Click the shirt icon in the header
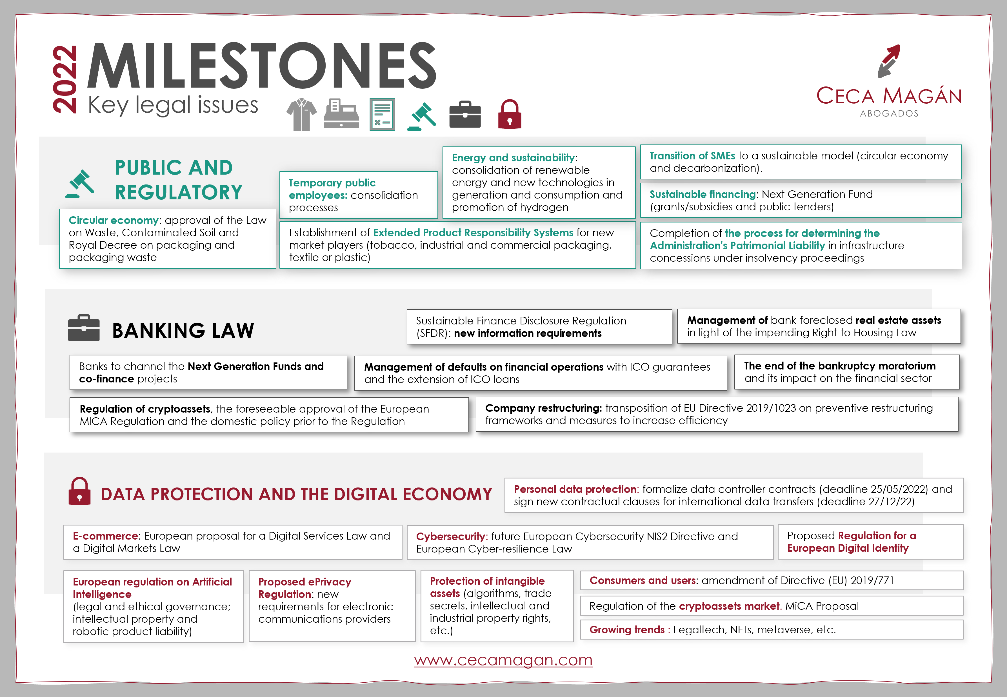[301, 114]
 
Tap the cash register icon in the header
[341, 113]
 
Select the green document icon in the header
[382, 114]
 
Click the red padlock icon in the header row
[510, 114]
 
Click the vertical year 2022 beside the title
[65, 79]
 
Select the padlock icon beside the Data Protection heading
[79, 491]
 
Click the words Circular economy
[114, 220]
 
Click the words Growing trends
[627, 630]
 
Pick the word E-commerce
[105, 536]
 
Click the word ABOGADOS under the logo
[889, 113]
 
